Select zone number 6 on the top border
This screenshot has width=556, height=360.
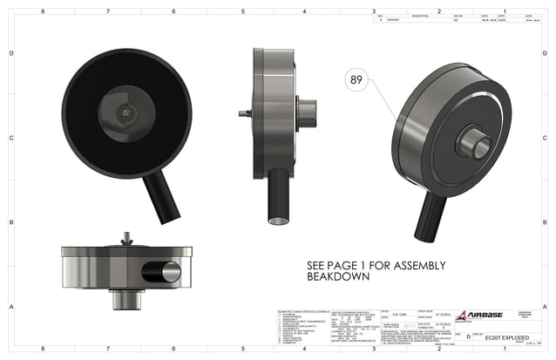[173, 12]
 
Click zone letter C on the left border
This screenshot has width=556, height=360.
[10, 139]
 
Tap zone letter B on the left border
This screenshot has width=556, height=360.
[10, 223]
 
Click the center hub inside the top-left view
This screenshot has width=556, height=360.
[126, 114]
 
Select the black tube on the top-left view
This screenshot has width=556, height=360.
[162, 195]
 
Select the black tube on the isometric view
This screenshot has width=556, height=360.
[430, 217]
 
